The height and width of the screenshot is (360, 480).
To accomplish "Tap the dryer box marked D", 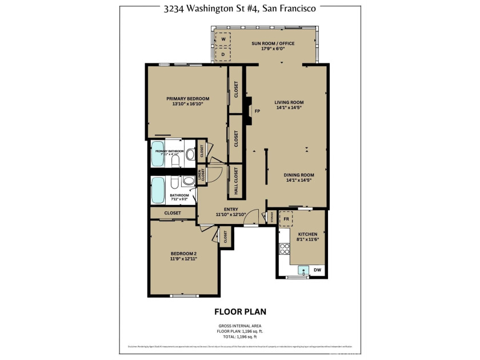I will click(x=223, y=54).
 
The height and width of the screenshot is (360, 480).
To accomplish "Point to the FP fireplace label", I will click(x=257, y=111).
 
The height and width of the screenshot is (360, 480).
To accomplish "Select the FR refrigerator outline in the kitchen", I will click(x=286, y=219).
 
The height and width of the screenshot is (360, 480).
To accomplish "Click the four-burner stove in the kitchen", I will click(x=284, y=249).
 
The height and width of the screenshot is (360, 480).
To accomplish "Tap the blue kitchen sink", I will click(x=306, y=270).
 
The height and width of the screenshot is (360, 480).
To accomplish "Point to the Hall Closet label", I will click(x=234, y=181).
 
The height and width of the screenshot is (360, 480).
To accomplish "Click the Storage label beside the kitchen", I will click(x=272, y=218).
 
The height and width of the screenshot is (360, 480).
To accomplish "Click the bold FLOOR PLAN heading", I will click(x=240, y=311).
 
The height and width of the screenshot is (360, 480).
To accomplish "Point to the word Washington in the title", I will click(x=218, y=9).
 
